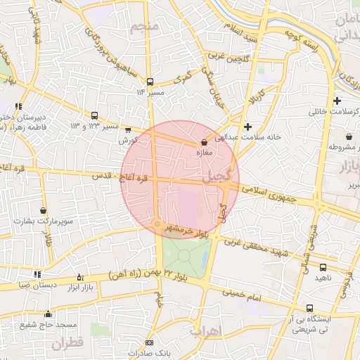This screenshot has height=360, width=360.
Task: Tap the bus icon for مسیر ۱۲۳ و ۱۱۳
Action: [95, 115]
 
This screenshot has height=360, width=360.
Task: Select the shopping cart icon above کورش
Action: [127, 129]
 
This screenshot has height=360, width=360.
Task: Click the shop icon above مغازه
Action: [204, 143]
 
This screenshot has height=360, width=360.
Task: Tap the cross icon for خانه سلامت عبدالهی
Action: [247, 127]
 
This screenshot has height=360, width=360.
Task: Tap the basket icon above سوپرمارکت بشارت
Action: [44, 210]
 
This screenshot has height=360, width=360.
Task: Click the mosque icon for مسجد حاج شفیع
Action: [48, 314]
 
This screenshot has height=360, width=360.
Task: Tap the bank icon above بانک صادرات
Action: [148, 342]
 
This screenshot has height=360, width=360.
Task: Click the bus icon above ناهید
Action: [323, 268]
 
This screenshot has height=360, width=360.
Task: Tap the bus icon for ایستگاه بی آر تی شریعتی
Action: [310, 308]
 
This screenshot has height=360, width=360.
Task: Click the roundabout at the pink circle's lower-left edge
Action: [156, 224]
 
